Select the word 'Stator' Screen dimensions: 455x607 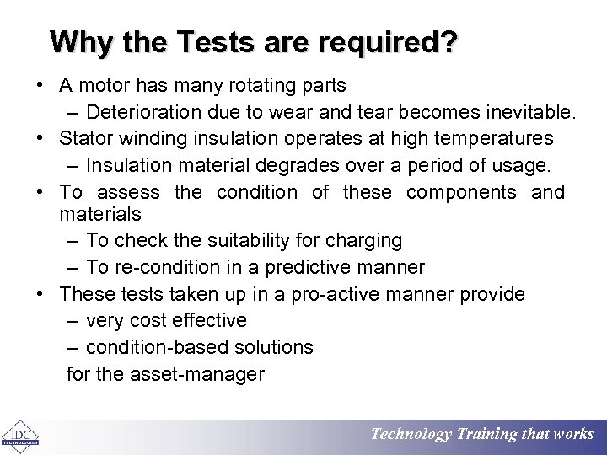[x=89, y=138]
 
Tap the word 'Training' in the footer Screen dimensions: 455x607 [x=489, y=435]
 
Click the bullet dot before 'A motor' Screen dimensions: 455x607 [x=40, y=86]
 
